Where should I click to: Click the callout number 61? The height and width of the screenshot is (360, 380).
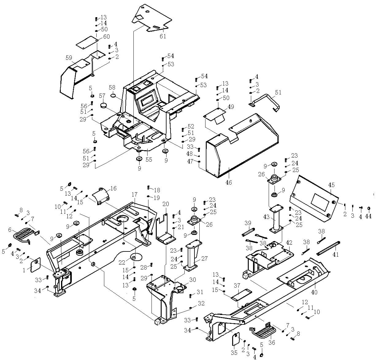coord(163,36)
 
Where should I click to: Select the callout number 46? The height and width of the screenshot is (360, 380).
coord(228,182)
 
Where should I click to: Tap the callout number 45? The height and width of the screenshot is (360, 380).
coord(331,185)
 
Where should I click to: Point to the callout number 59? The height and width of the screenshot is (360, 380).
coord(69,58)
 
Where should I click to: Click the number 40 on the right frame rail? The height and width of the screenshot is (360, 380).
coord(314,292)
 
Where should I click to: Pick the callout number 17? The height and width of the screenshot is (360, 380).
coord(134,194)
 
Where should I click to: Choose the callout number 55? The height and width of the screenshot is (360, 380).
coord(149,159)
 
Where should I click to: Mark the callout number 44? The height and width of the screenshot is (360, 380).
coord(368,216)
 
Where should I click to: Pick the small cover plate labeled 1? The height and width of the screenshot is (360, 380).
coord(35,264)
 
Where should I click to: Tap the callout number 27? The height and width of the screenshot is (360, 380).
coord(204,259)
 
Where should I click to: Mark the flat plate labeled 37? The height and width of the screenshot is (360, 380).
coord(241,294)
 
